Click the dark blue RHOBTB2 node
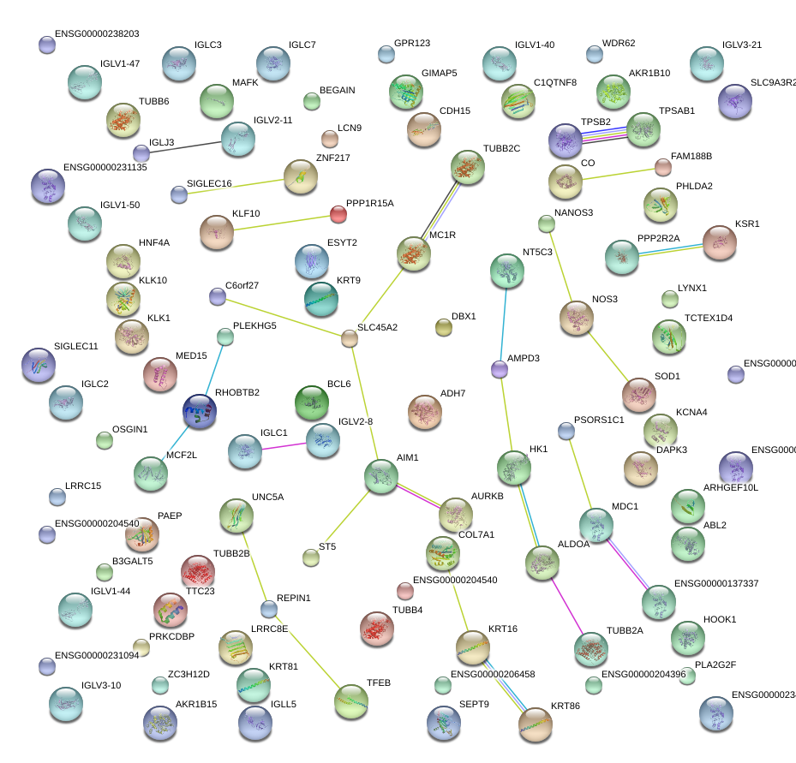click(200, 412)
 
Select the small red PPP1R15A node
click(338, 213)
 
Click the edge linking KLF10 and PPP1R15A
click(278, 222)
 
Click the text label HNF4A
click(154, 242)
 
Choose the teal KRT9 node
click(321, 298)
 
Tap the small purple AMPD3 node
click(500, 369)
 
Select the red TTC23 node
click(198, 572)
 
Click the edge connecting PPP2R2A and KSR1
click(671, 250)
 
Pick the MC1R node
click(414, 254)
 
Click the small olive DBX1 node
click(443, 326)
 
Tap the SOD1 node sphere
click(638, 394)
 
